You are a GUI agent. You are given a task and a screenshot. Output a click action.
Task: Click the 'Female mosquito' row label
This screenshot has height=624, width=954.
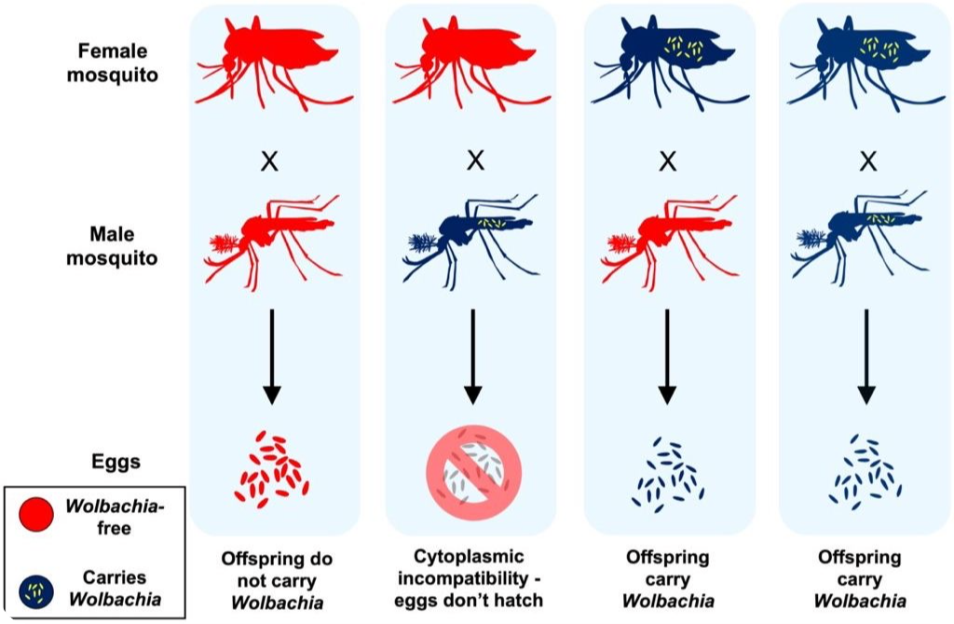(99, 61)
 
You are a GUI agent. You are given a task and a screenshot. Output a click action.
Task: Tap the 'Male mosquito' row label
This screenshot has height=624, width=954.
(99, 244)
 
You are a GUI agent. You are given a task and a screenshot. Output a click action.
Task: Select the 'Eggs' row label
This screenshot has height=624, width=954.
(116, 461)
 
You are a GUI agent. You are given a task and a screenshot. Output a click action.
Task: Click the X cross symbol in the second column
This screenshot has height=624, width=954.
(474, 161)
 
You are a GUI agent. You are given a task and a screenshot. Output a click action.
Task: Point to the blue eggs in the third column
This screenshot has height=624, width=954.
(667, 472)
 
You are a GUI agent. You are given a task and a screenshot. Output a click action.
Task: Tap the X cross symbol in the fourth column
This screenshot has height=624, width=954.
(867, 161)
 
